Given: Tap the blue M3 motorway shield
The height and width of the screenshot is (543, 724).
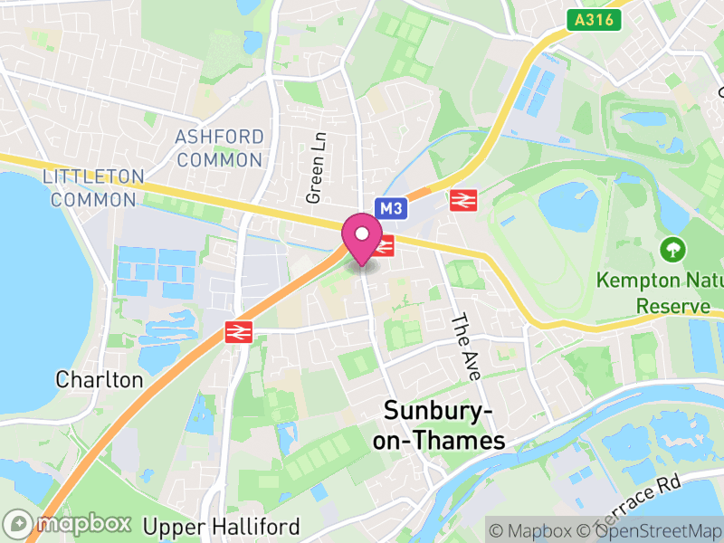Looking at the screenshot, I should tap(390, 209).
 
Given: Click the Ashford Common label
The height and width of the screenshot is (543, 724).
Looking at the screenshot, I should tap(221, 148).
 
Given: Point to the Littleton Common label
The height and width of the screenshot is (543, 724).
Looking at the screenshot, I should tap(93, 187).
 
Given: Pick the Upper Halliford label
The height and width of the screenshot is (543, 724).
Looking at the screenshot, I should tap(222, 526).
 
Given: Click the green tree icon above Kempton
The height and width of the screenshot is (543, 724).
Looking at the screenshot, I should tap(672, 247).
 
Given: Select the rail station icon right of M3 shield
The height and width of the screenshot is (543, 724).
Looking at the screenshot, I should tap(463, 200).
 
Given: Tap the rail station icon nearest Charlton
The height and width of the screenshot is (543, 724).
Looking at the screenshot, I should tap(238, 332).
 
